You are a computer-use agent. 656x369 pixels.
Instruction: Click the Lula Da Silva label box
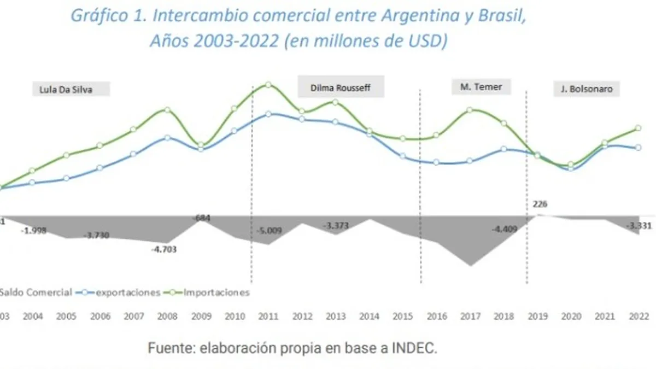coord(71,89)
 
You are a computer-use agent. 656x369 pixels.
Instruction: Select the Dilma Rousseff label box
coord(341,87)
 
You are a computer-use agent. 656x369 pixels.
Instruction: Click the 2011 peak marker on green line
coord(268,85)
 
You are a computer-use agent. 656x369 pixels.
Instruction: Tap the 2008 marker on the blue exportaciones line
coord(167,138)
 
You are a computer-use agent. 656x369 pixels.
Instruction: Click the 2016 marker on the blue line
coord(436,162)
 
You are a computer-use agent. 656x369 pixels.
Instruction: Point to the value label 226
coord(540,204)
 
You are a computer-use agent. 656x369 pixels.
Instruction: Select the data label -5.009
coord(268,231)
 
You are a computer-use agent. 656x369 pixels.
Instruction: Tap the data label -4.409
coord(504,230)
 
